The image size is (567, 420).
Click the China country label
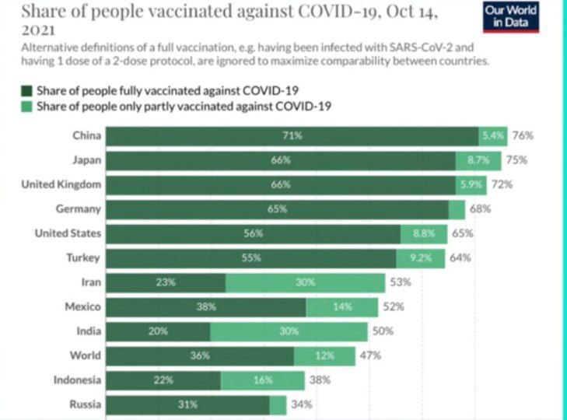[86, 136]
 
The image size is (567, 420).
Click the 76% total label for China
[523, 136]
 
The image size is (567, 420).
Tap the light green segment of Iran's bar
[305, 282]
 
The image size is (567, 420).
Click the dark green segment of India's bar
[158, 331]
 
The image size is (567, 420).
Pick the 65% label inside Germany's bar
[277, 209]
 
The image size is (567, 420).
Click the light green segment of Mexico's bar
[343, 306]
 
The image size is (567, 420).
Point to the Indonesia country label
[77, 380]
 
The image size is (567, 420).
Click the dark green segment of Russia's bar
[187, 404]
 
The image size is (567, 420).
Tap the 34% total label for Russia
[302, 404]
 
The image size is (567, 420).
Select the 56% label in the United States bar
[253, 233]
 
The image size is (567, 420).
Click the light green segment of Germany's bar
[457, 209]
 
